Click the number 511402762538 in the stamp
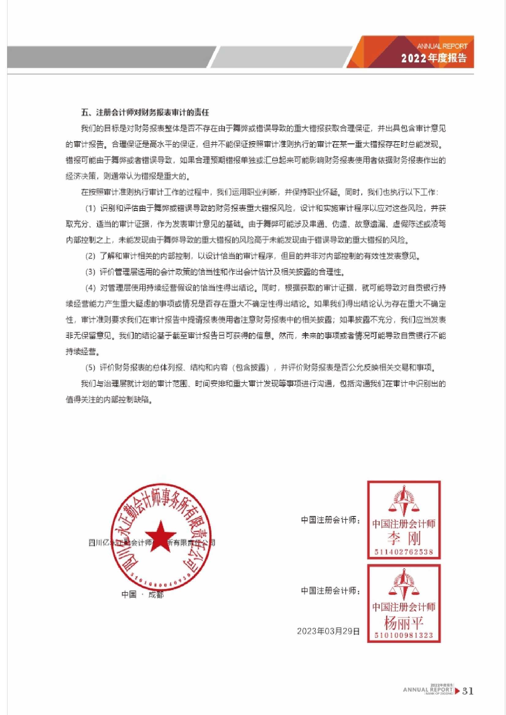point(404,552)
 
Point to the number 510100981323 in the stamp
point(404,635)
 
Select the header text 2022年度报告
point(434,58)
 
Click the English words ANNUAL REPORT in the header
point(442,46)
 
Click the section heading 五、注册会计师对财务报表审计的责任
point(145,112)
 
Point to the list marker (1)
point(90,208)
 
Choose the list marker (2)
point(90,256)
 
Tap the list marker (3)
point(90,272)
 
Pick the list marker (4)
point(90,288)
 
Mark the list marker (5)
point(90,368)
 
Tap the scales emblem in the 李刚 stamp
point(404,500)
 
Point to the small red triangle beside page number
point(457,691)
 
